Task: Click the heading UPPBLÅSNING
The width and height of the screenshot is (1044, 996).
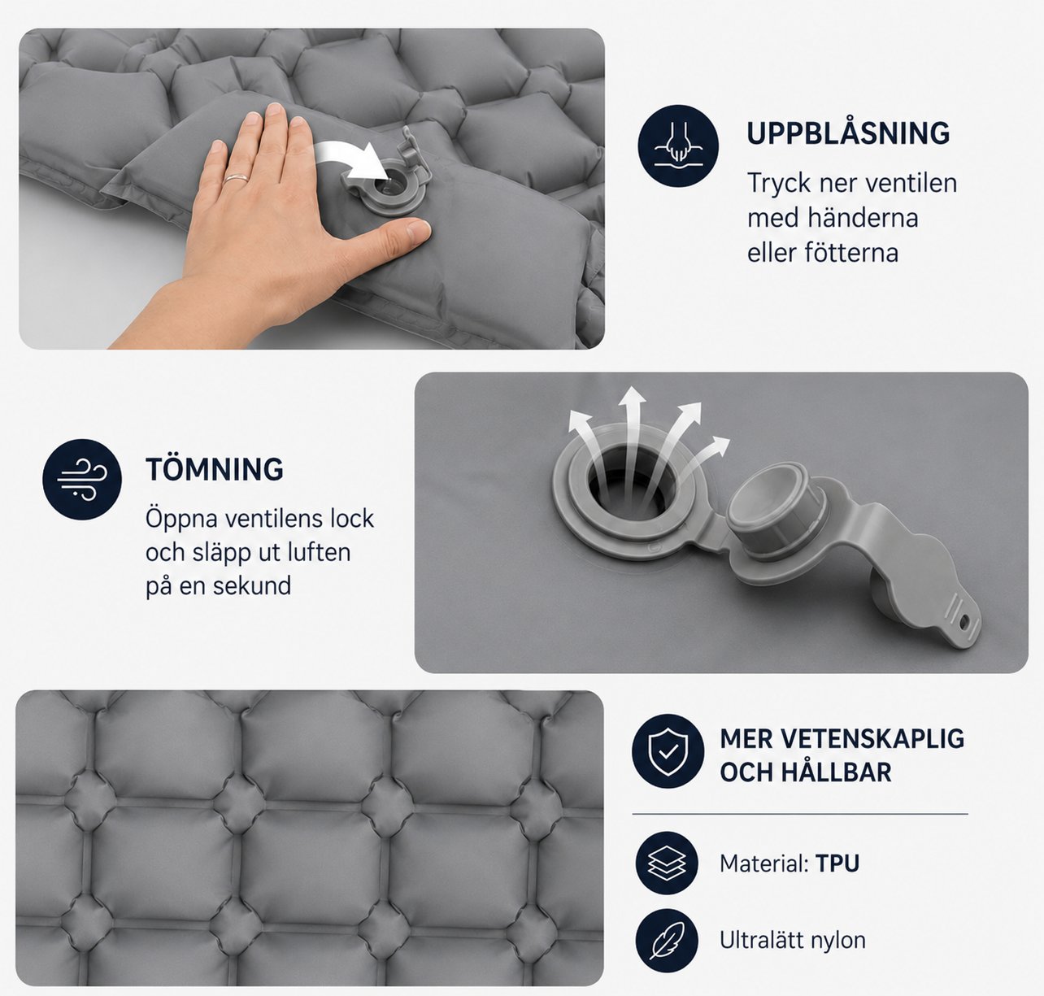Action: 848,133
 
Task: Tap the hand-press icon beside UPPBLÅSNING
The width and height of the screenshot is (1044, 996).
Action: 678,146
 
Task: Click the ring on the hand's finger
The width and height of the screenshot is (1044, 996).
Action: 235,179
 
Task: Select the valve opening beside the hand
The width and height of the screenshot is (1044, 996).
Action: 387,186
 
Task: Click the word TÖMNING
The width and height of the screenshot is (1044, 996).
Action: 215,469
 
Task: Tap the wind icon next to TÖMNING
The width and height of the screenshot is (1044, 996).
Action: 82,479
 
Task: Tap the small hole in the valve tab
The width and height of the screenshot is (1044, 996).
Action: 964,620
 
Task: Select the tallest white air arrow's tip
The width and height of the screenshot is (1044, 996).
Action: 632,394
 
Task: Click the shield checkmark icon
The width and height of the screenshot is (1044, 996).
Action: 668,750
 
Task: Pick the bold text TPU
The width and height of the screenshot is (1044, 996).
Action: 837,863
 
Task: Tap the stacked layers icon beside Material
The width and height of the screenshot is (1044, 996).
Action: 667,863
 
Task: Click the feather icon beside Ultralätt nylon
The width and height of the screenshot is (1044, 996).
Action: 667,940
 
